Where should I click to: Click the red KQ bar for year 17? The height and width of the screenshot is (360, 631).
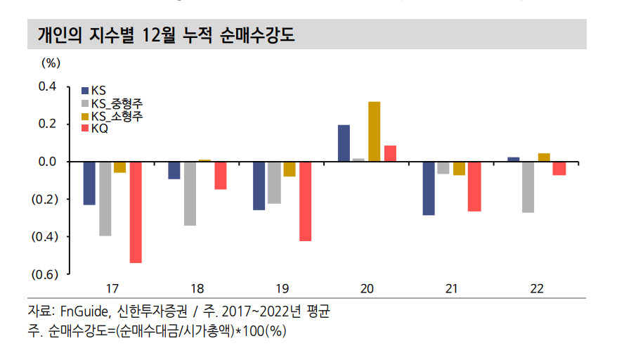click(x=136, y=212)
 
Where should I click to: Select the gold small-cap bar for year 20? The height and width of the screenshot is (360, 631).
click(x=375, y=131)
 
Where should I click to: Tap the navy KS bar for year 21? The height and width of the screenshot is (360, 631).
click(x=429, y=188)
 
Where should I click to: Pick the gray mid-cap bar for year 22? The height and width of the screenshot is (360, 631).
click(x=528, y=187)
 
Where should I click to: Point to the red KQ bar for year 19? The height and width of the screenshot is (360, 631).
click(x=306, y=201)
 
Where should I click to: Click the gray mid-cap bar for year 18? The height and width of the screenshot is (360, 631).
click(x=190, y=193)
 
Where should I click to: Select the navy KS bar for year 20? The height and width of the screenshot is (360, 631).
click(x=344, y=143)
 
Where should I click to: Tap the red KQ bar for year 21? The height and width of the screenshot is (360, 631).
click(x=474, y=186)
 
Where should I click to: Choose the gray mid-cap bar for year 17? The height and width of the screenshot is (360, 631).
click(x=105, y=199)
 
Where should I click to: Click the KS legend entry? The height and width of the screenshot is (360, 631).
click(x=93, y=91)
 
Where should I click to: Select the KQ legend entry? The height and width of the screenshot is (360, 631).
click(x=95, y=129)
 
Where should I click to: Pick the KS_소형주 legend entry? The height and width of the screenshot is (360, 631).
click(x=112, y=117)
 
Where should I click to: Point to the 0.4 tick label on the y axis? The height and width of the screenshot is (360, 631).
click(x=48, y=86)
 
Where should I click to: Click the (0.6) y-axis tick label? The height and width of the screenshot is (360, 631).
click(x=45, y=274)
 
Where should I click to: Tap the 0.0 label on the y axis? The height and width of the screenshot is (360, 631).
click(x=48, y=162)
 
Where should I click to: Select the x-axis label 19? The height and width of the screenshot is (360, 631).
click(x=282, y=289)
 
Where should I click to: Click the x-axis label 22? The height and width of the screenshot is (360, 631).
click(x=537, y=289)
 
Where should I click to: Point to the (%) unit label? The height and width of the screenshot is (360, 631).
click(x=51, y=63)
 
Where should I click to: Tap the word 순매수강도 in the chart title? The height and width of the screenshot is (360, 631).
click(x=257, y=35)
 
